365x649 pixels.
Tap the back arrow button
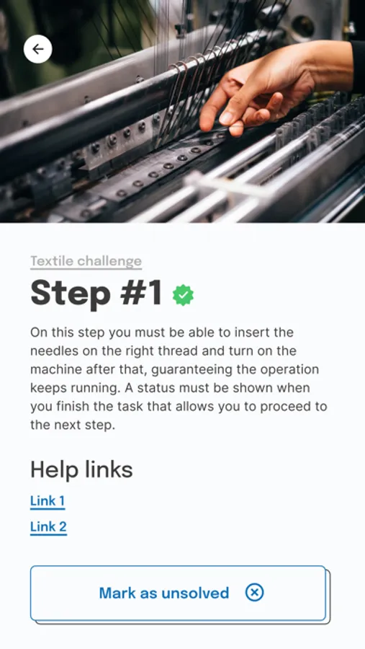[x=38, y=49]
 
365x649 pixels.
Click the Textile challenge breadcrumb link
[x=86, y=261]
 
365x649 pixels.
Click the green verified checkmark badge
[x=183, y=295]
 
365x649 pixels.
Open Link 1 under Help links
[x=48, y=501]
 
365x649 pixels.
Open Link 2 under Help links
[x=48, y=526]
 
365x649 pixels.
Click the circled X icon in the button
[x=255, y=592]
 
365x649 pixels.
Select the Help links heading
[x=81, y=469]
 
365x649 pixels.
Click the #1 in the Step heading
[x=140, y=293]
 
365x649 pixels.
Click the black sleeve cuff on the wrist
[x=358, y=66]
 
